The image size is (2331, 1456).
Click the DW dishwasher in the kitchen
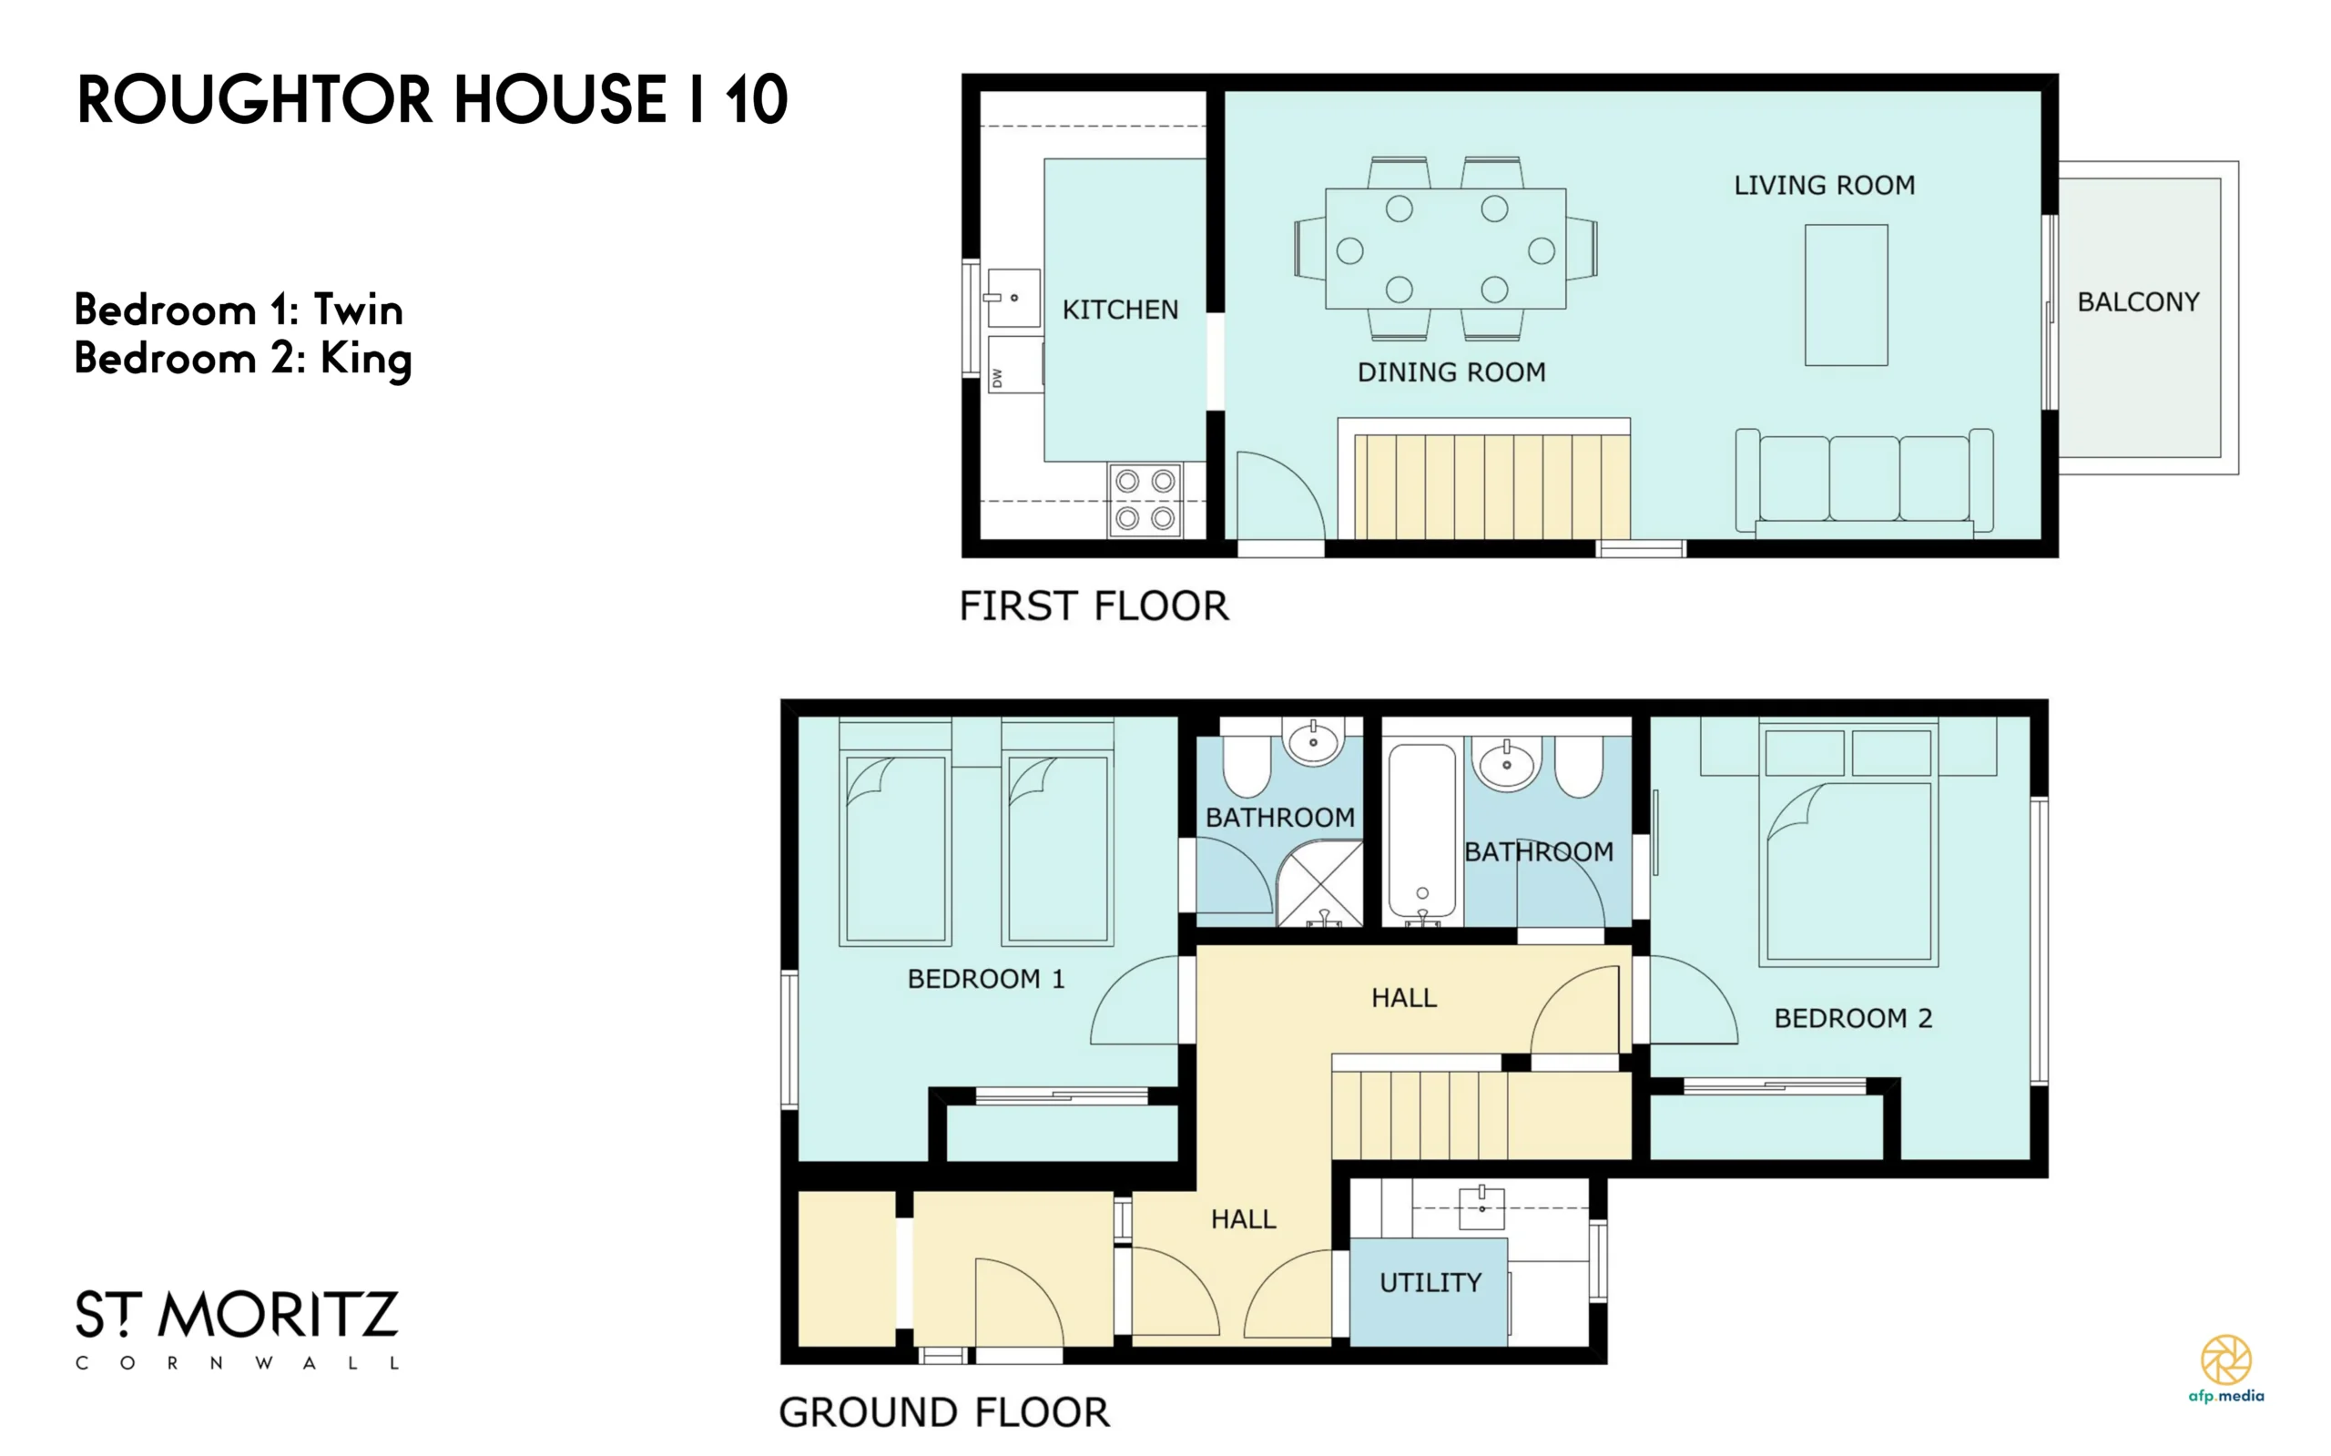click(x=1015, y=365)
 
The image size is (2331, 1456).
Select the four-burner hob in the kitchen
click(x=1145, y=500)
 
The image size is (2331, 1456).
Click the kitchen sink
click(x=1013, y=299)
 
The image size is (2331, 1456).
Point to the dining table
click(x=1445, y=249)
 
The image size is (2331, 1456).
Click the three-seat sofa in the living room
click(x=1864, y=482)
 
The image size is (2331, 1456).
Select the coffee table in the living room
click(x=1846, y=295)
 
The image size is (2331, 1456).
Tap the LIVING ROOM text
click(x=1825, y=185)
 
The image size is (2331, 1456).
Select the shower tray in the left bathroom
click(x=1319, y=883)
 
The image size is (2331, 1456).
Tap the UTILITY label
click(x=1430, y=1283)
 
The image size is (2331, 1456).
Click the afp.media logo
click(x=2226, y=1369)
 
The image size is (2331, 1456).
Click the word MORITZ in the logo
click(x=279, y=1315)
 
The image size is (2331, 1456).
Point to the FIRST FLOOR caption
click(x=1094, y=606)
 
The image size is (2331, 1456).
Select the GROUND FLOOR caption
click(x=943, y=1412)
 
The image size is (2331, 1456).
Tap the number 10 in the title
click(x=757, y=99)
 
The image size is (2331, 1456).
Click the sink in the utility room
click(x=1481, y=1207)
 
